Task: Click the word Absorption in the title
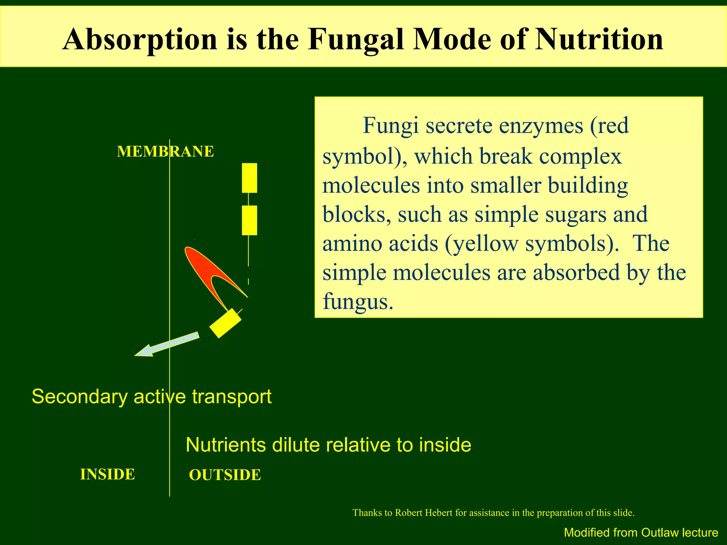pyautogui.click(x=140, y=40)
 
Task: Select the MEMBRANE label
pyautogui.click(x=165, y=152)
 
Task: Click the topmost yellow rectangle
pyautogui.click(x=249, y=178)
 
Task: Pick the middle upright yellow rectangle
pyautogui.click(x=249, y=220)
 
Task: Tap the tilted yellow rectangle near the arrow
pyautogui.click(x=225, y=323)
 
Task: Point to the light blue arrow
pyautogui.click(x=167, y=344)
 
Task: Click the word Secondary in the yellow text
pyautogui.click(x=80, y=396)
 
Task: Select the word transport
pyautogui.click(x=231, y=396)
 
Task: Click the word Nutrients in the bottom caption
pyautogui.click(x=226, y=445)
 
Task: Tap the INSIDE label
pyautogui.click(x=108, y=474)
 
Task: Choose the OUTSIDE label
pyautogui.click(x=225, y=475)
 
